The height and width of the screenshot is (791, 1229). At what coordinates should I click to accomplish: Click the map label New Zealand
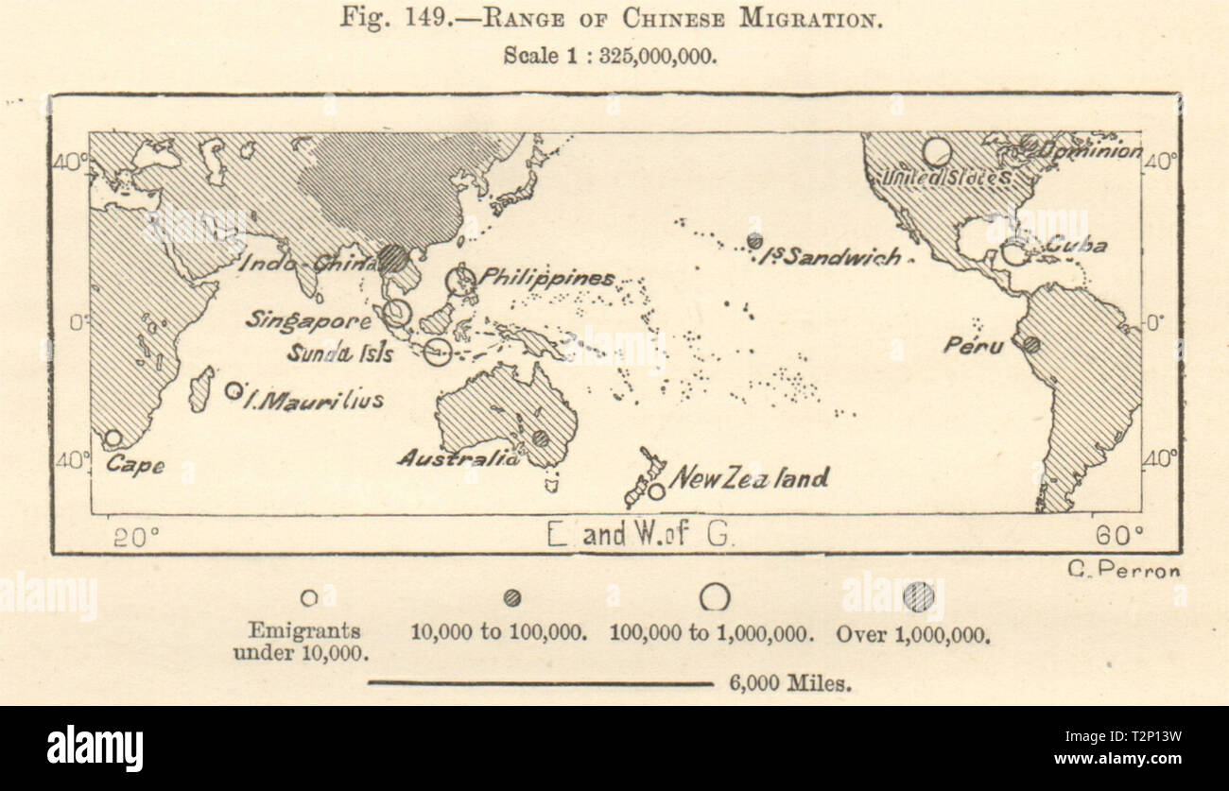[748, 478]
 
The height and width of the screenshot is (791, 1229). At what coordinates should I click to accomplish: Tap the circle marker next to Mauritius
[233, 390]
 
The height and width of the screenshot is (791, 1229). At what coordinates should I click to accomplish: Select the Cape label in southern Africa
[135, 465]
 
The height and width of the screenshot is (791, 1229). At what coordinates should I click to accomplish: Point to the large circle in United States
[936, 152]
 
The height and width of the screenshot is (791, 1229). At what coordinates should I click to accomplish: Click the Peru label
[973, 346]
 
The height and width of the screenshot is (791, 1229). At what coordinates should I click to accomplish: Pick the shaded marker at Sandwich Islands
[754, 241]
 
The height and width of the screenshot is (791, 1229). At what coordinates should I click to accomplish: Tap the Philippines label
[546, 278]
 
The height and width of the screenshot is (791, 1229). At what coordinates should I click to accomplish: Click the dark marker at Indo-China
[394, 258]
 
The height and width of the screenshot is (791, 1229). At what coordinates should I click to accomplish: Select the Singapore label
[308, 320]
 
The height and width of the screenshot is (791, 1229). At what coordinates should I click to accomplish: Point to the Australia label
[458, 458]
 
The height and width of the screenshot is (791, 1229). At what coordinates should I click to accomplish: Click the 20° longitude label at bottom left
[136, 537]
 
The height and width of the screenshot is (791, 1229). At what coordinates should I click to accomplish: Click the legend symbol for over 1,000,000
[917, 597]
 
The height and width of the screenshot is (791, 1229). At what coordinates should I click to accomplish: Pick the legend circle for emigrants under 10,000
[309, 598]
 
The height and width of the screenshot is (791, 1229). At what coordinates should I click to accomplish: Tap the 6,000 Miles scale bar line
[540, 683]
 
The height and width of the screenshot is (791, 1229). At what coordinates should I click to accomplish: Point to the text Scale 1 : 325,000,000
[610, 55]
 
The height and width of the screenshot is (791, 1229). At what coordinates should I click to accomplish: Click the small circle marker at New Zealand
[656, 491]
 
